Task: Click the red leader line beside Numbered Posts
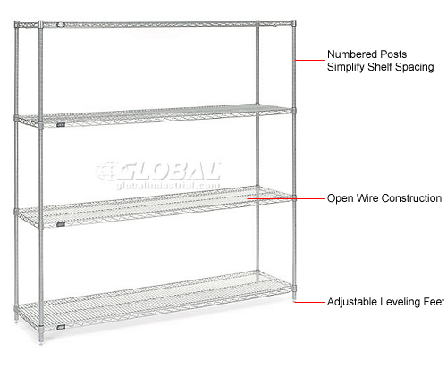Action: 310,60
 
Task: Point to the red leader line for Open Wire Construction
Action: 286,198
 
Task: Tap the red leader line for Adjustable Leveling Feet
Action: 309,302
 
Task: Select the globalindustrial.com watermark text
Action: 168,186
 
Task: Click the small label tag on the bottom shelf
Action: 61,328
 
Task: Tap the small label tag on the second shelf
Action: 61,125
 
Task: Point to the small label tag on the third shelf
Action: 61,224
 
